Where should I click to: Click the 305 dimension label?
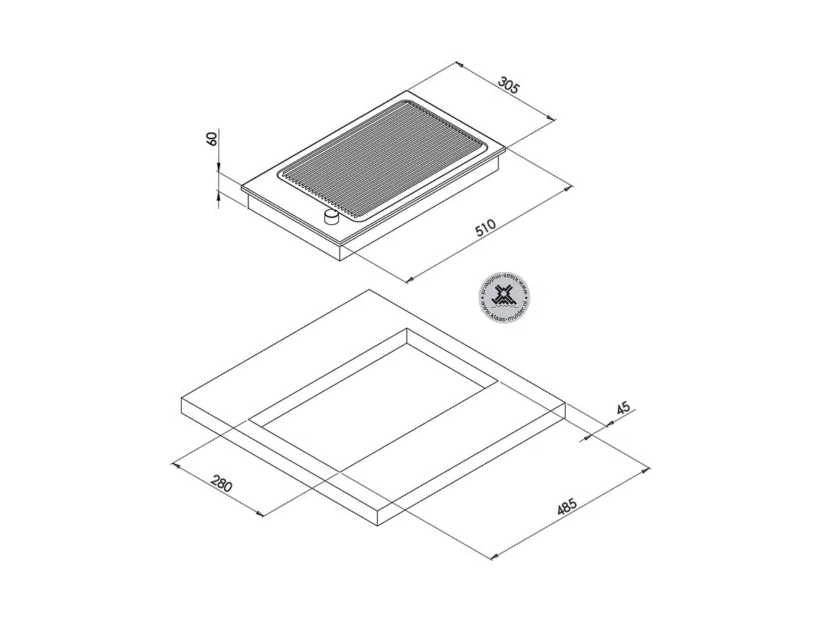pos(509,86)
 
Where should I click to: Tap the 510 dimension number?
pos(486,228)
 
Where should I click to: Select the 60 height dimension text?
pos(212,138)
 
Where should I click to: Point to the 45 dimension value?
pos(623,408)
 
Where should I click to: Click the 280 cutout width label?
pos(222,483)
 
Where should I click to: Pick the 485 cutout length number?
pos(566,507)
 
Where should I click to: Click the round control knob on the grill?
pos(331,217)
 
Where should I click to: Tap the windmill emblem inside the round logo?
pos(504,296)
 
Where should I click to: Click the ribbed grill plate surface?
pos(383,160)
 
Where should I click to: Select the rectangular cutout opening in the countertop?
pos(374,400)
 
